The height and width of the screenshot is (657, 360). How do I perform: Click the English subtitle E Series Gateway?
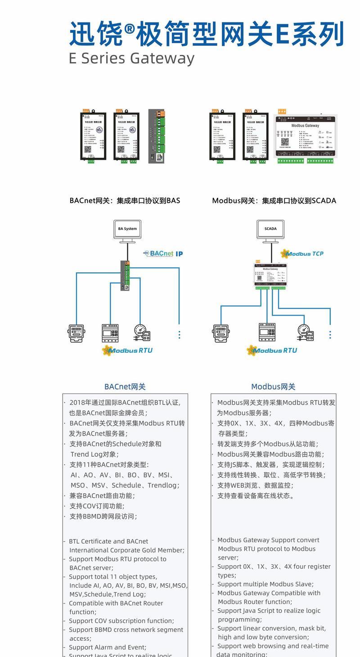point(131,58)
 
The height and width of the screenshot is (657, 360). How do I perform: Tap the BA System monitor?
point(127,229)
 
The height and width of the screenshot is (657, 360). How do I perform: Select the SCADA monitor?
point(270,229)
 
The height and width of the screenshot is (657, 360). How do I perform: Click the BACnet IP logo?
point(163,254)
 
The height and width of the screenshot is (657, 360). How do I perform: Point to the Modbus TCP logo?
point(302,254)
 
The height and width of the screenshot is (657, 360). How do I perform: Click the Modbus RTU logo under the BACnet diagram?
point(127,350)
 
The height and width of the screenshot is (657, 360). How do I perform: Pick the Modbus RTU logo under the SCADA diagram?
point(272,350)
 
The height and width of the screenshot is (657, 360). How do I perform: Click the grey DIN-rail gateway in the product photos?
point(157,136)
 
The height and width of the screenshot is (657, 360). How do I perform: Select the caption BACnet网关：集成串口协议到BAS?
point(125,201)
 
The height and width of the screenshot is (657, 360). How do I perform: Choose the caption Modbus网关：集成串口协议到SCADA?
point(274,201)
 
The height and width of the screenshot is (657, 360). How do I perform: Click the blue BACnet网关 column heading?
point(125,387)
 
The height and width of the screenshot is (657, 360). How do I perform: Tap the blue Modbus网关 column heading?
point(273,387)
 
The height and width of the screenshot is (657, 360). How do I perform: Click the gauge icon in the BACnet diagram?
point(141,333)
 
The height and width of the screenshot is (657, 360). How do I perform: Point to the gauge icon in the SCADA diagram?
point(305,333)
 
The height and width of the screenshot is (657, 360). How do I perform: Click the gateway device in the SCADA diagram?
point(271,276)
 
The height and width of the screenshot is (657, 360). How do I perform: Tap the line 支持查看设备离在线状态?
point(256,495)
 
